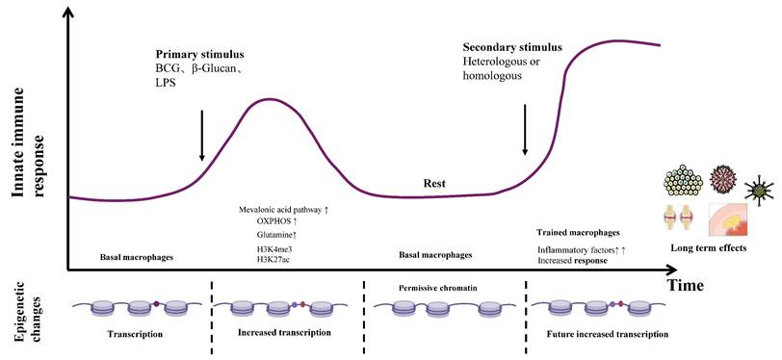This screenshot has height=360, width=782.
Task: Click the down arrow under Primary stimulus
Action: click(201, 135)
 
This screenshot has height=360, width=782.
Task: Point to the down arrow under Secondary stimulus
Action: click(525, 129)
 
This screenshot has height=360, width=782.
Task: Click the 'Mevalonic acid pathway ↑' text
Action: click(283, 209)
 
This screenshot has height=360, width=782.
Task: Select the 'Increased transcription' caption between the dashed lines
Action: click(284, 332)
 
